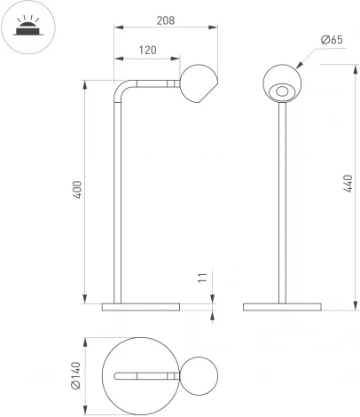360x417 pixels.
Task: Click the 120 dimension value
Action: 147,51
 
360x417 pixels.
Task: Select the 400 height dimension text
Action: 77,191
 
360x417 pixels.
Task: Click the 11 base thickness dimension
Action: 202,279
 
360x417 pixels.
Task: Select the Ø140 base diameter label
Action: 77,376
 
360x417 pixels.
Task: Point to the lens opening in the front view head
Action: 282,90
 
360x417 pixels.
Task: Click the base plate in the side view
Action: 141,307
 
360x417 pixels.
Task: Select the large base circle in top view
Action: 133,395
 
